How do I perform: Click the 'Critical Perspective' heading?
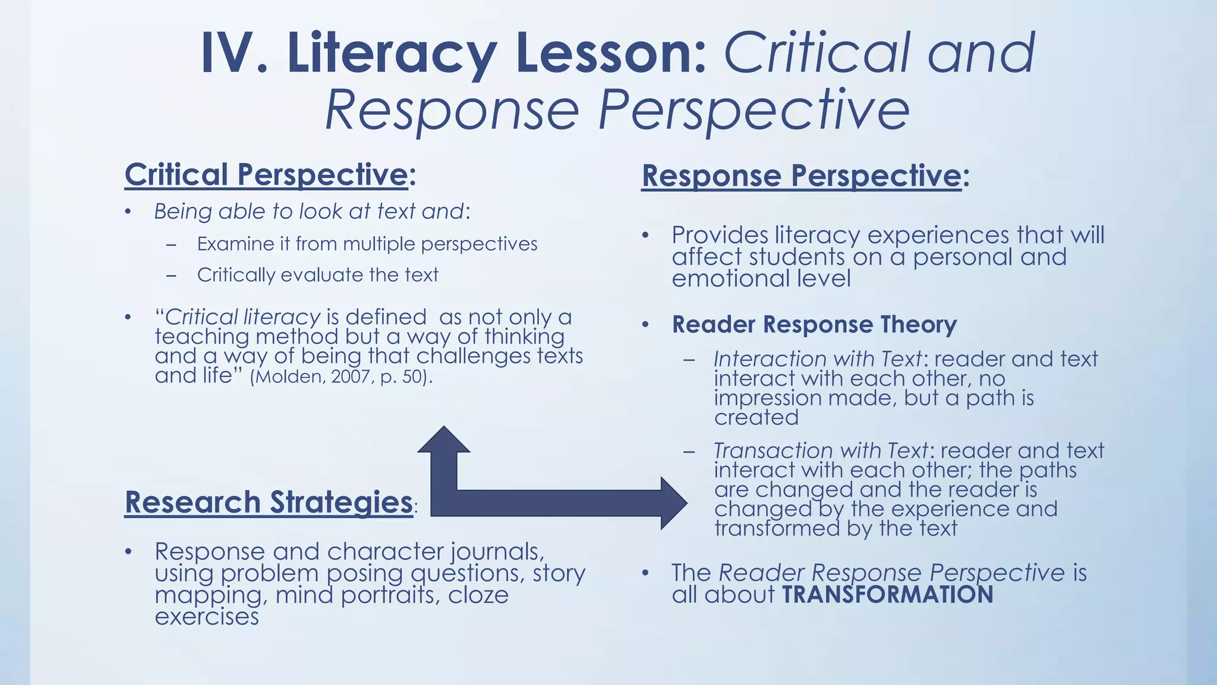[x=266, y=175]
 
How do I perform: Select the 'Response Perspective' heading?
[x=802, y=176]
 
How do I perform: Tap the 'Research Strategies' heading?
[x=269, y=502]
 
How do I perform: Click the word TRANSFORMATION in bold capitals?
[x=887, y=595]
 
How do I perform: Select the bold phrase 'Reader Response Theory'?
[x=814, y=325]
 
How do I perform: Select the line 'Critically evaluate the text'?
[x=317, y=275]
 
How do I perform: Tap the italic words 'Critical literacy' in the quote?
[x=242, y=317]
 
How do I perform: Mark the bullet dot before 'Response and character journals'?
[x=128, y=552]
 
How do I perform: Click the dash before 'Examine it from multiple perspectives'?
[x=171, y=244]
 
